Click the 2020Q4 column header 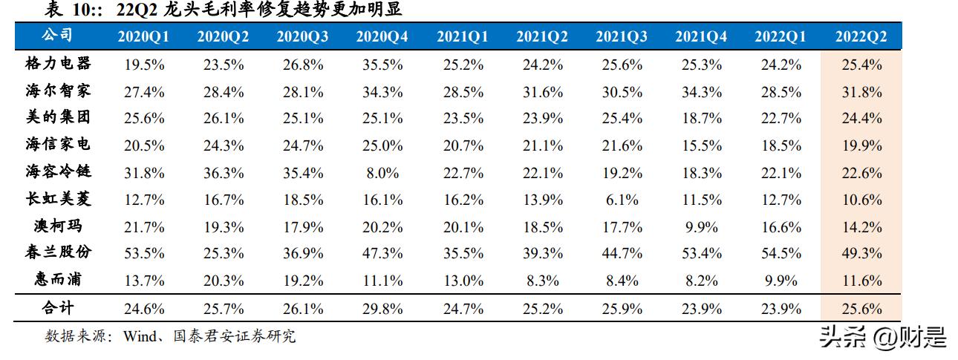click(382, 36)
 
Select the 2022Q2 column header click(861, 36)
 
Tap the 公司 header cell click(57, 36)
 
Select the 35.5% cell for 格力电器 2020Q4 click(382, 65)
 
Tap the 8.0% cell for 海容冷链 click(382, 173)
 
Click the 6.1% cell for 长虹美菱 click(622, 200)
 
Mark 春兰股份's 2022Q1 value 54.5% click(781, 253)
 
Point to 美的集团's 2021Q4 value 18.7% click(701, 119)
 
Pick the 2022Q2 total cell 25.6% click(861, 308)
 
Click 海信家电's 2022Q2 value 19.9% click(861, 145)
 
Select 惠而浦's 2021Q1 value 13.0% click(462, 281)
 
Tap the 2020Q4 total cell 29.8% click(382, 308)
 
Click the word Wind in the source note click(137, 336)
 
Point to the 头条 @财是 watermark click(882, 338)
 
